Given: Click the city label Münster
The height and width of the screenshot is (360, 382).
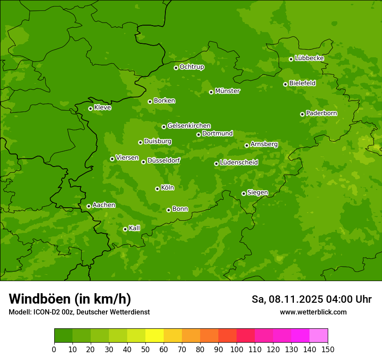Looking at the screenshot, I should coord(227,91).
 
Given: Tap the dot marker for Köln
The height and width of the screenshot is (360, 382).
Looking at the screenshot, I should coord(157,189).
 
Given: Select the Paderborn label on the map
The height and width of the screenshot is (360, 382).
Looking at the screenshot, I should coord(321,113).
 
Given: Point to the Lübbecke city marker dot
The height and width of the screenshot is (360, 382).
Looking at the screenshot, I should coord(291,59).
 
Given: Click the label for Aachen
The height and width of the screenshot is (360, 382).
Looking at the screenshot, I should coord(104,205).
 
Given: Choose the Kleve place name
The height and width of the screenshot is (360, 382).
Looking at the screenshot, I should coord(102,108).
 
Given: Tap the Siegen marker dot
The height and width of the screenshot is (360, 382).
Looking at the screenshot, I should coord(244,193).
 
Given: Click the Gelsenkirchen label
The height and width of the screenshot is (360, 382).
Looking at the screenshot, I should coord(189,126).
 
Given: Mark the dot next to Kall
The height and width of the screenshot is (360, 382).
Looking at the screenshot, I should coord(125,229).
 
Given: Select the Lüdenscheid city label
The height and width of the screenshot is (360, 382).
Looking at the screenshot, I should coord(239,163).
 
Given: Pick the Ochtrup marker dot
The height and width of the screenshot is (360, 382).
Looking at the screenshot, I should coord(176,68).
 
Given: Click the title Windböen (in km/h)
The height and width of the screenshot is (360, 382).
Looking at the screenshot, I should coord(70,299).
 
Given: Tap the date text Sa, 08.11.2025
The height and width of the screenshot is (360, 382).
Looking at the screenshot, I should coord(286,299).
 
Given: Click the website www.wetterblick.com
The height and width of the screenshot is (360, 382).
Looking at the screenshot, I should coord(313,312).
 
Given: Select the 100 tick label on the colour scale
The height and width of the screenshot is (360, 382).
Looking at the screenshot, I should coord(237,349).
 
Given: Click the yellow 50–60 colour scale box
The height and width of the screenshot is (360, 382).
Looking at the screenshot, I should coord(155,336).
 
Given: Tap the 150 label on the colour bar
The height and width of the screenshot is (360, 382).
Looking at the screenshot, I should coord(328,349).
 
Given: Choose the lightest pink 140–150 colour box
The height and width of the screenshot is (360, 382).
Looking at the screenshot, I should coord(319,336).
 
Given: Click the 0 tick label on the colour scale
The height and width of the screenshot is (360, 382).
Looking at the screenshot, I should coord(54,349).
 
